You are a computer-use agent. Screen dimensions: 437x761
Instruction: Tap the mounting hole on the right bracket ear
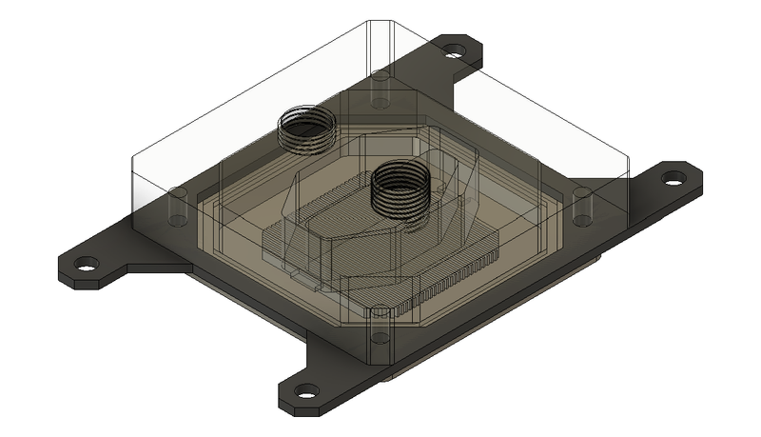674,177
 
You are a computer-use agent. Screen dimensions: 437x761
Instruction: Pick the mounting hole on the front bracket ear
306,390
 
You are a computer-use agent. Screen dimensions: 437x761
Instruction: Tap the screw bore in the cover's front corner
379,328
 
